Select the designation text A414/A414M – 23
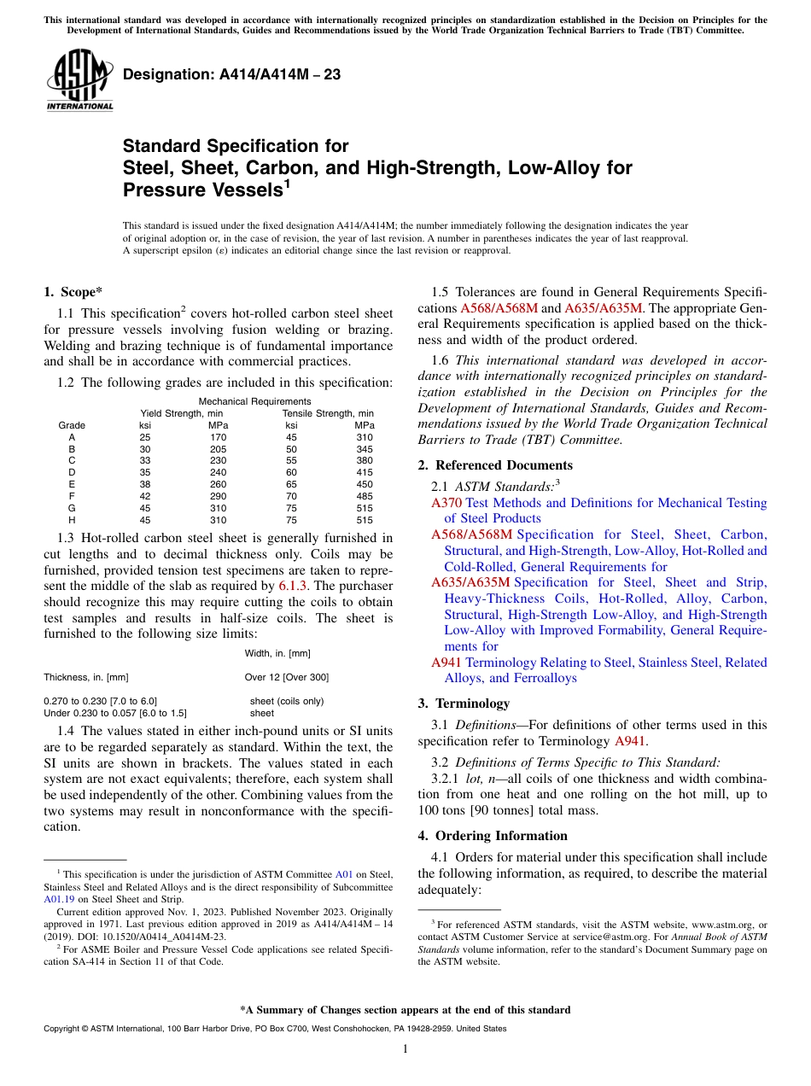coord(231,74)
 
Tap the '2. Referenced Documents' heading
coord(495,465)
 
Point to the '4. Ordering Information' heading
coord(492,836)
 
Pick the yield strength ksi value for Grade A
coord(145,437)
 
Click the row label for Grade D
coord(72,472)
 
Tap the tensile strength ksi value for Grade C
coord(291,460)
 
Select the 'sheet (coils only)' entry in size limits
coord(286,701)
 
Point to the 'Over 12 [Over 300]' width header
coord(286,677)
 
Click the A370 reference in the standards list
coord(446,503)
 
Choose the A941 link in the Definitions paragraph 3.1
coord(630,741)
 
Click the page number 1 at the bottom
coord(405,1048)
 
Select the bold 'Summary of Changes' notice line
coord(405,1010)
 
